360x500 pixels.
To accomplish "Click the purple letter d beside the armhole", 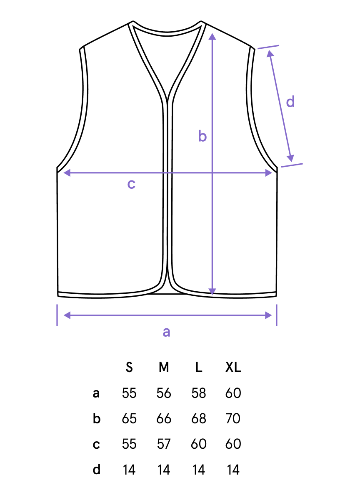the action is point(290,102).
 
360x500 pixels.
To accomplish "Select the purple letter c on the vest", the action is point(131,184).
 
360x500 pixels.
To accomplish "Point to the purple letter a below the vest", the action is point(166,332).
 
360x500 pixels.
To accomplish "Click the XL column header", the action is point(233,367).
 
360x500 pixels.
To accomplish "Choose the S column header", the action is point(129,367).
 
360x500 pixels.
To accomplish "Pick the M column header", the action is point(164,367).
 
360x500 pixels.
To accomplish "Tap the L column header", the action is point(199,367).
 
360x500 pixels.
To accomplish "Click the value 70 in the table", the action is point(233,419).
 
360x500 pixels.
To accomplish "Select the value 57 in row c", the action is point(164,444).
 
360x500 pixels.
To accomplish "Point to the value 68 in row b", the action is point(199,419).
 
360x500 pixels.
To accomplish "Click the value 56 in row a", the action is point(164,393).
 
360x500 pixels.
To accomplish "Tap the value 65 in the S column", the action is point(129,419).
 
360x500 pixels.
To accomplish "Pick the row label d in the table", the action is point(96,469).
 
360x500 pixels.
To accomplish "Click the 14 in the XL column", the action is point(233,470).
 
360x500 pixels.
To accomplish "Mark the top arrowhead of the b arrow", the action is point(212,36).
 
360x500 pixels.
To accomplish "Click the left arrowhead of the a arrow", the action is point(67,315).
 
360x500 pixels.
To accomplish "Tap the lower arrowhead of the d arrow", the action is point(291,158).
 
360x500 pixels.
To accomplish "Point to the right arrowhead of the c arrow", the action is point(269,173).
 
